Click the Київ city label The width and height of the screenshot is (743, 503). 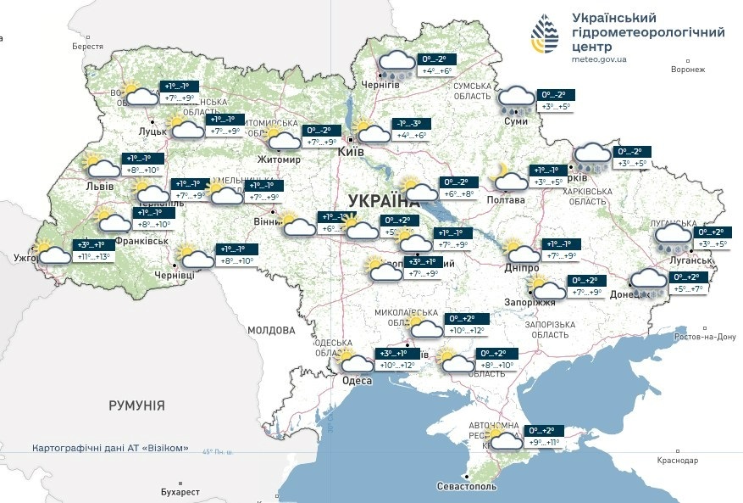point(351,151)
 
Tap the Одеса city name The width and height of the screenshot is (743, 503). point(357,381)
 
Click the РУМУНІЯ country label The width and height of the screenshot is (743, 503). point(136,405)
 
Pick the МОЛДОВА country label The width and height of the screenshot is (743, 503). point(271,330)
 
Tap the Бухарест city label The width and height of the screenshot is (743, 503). point(180,492)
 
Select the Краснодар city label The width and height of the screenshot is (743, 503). point(677,460)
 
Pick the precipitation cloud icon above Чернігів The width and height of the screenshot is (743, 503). point(396,64)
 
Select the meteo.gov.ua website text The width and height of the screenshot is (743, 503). point(599,60)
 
